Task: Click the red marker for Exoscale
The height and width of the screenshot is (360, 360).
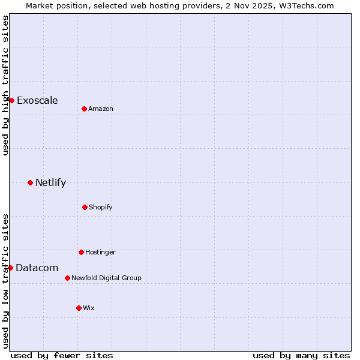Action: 11,100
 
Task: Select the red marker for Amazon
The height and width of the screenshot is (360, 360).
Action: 84,109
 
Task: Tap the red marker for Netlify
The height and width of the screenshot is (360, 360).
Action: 30,182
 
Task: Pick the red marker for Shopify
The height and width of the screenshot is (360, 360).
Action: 85,207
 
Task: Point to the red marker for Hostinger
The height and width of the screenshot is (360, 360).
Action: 81,252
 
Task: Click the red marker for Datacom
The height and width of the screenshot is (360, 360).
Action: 10,268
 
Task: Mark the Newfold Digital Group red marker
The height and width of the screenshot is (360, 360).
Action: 67,278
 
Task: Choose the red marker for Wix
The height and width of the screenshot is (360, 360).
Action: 79,308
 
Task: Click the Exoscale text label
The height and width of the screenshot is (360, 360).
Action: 37,100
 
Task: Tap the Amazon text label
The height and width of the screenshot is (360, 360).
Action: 101,109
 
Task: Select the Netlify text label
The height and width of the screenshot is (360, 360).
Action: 50,182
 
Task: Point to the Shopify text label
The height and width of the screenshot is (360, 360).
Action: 101,207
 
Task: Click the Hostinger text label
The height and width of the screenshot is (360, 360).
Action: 100,252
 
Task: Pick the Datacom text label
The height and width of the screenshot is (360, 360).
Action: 37,268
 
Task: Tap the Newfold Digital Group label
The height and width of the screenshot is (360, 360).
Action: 106,278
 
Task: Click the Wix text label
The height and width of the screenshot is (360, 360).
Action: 89,308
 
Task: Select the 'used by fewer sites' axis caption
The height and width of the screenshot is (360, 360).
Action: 62,355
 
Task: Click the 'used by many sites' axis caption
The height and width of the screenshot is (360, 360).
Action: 301,355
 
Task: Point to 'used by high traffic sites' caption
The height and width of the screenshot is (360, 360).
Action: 6,85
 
